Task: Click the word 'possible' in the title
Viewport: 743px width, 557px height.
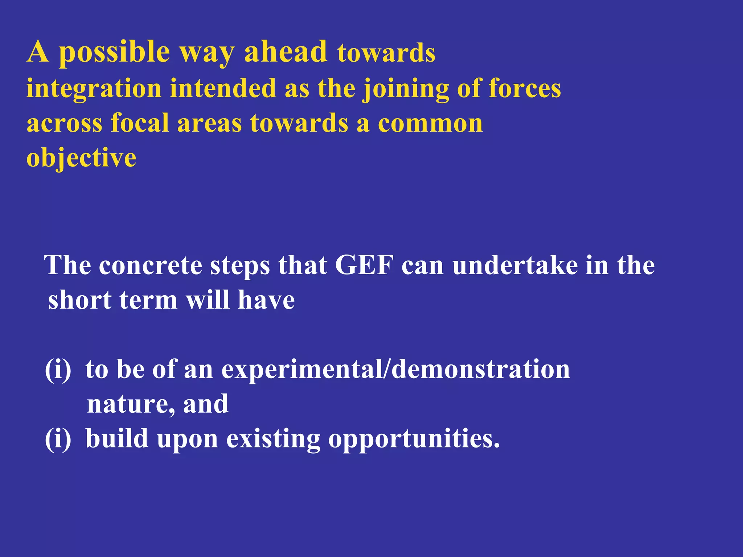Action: click(x=114, y=53)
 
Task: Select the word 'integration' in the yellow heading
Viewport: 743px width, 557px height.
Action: click(x=94, y=89)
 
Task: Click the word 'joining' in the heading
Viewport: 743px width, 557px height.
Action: click(x=406, y=89)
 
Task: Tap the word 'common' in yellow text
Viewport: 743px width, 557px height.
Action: click(x=430, y=123)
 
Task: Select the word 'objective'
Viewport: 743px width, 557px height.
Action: click(x=81, y=158)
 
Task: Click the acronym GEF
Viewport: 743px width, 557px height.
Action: click(x=364, y=265)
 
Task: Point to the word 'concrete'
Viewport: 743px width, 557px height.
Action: click(x=150, y=265)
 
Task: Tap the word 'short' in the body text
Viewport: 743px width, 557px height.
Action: click(x=80, y=300)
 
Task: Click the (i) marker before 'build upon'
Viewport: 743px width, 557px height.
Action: click(x=58, y=438)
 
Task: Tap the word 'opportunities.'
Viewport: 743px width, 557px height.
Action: click(x=414, y=439)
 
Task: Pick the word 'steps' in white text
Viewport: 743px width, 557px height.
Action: click(x=240, y=266)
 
